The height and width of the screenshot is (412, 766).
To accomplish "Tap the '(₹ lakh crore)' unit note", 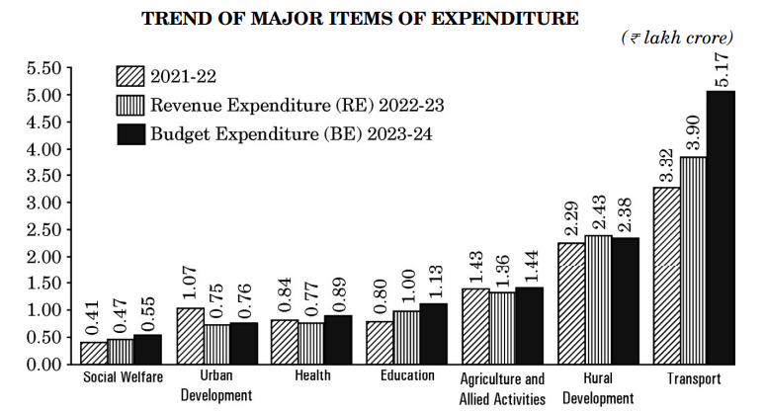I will point(677,39).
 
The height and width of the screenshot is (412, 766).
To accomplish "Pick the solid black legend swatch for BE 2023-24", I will point(129,131).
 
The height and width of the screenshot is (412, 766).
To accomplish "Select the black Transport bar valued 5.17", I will point(721,227).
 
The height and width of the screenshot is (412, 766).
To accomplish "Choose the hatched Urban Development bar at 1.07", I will point(190,336).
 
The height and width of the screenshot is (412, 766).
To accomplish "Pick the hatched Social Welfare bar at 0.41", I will point(94,353).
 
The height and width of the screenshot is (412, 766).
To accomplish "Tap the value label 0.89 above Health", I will point(339,293).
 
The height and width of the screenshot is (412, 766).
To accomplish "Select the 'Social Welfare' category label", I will point(123,376).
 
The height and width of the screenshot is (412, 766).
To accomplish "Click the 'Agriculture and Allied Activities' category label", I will point(502,388).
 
